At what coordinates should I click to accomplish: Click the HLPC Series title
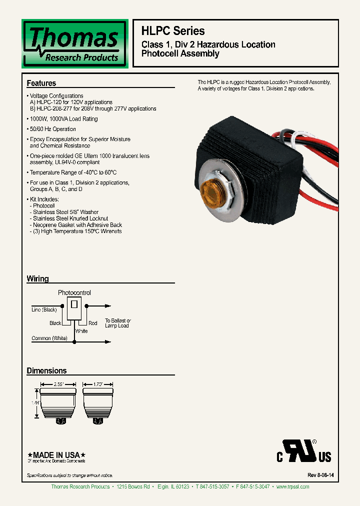[x=173, y=30]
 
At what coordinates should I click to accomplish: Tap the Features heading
[x=41, y=83]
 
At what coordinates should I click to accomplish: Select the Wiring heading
[x=37, y=278]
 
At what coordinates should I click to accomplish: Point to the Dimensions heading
[x=46, y=370]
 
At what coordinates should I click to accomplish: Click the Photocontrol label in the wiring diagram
[x=74, y=292]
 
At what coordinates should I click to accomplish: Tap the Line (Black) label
[x=44, y=310]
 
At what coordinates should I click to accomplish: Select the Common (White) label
[x=49, y=338]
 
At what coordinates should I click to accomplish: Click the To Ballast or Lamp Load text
[x=117, y=323]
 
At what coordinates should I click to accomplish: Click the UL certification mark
[x=303, y=451]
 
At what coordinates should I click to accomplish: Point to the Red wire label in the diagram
[x=93, y=323]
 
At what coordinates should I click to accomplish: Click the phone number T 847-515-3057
[x=212, y=486]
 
